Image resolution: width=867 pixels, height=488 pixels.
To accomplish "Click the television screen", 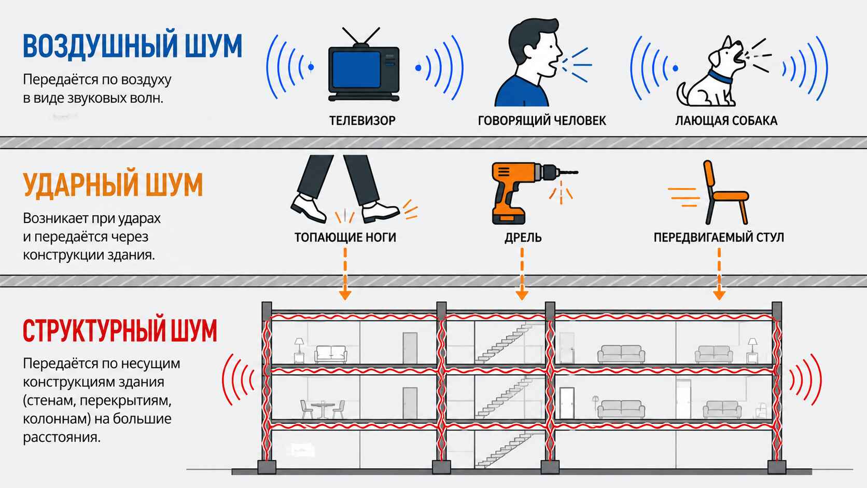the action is pos(356,69).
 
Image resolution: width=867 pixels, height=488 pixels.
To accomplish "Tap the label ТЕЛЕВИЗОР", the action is pos(362,121).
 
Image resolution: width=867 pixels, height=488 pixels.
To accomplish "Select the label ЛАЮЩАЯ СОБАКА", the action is pos(726,121).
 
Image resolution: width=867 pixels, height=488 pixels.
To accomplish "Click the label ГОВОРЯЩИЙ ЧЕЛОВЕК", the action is pos(542,121).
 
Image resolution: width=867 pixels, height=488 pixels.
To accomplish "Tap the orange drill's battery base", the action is pos(509,217).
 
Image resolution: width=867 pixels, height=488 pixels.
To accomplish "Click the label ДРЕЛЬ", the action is pos(523,237).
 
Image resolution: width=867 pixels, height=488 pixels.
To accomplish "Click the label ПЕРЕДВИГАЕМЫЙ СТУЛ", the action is pos(719,237).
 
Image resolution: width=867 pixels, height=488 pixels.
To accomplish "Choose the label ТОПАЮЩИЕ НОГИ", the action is pos(345,237).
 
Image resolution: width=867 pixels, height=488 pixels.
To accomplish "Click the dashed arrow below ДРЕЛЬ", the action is pos(522,274).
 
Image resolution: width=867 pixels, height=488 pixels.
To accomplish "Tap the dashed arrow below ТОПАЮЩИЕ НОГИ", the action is pos(345,274).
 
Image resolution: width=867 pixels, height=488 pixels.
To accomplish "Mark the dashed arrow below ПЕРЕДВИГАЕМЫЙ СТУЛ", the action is pos(719,274).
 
